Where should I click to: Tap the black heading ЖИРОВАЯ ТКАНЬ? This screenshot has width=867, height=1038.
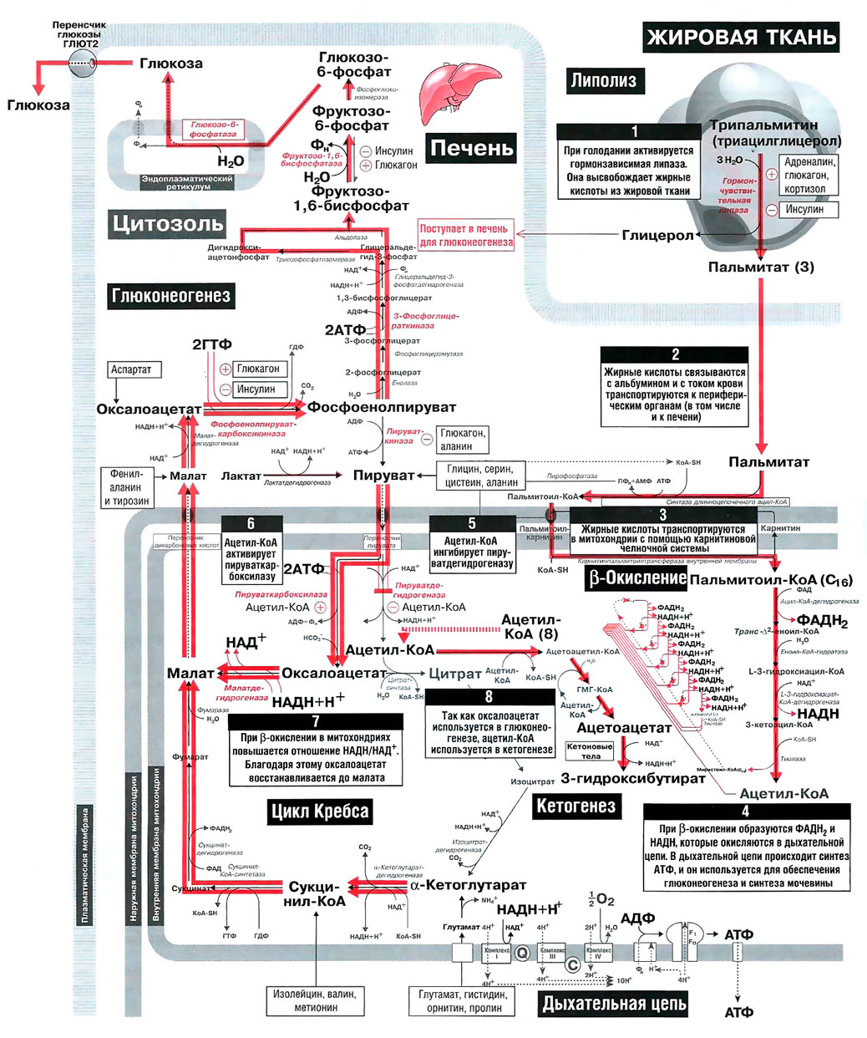pyautogui.click(x=741, y=37)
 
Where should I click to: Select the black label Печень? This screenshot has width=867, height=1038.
pyautogui.click(x=471, y=148)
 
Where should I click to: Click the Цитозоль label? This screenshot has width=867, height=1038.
pyautogui.click(x=168, y=223)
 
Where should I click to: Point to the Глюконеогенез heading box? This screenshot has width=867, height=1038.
pyautogui.click(x=170, y=295)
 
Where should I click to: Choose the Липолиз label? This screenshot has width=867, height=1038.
pyautogui.click(x=603, y=81)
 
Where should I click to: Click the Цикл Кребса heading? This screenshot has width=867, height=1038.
pyautogui.click(x=319, y=812)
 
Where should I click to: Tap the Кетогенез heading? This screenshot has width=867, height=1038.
pyautogui.click(x=575, y=806)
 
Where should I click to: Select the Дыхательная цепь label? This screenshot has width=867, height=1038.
pyautogui.click(x=614, y=1004)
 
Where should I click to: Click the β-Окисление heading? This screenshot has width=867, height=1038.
pyautogui.click(x=637, y=578)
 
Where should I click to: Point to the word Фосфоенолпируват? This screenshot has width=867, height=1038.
pyautogui.click(x=382, y=407)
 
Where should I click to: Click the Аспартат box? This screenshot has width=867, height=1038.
pyautogui.click(x=132, y=369)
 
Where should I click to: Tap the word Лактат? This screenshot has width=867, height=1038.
pyautogui.click(x=241, y=476)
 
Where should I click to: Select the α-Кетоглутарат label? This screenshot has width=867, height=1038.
pyautogui.click(x=469, y=885)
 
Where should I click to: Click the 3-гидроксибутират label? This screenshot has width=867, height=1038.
pyautogui.click(x=633, y=778)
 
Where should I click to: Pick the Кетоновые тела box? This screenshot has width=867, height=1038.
pyautogui.click(x=590, y=751)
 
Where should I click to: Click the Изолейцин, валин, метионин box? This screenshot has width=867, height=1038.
pyautogui.click(x=315, y=1000)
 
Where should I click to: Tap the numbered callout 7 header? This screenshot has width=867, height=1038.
pyautogui.click(x=315, y=720)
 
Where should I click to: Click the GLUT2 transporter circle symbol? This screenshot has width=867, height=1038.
pyautogui.click(x=84, y=63)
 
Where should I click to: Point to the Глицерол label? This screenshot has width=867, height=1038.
pyautogui.click(x=657, y=236)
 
